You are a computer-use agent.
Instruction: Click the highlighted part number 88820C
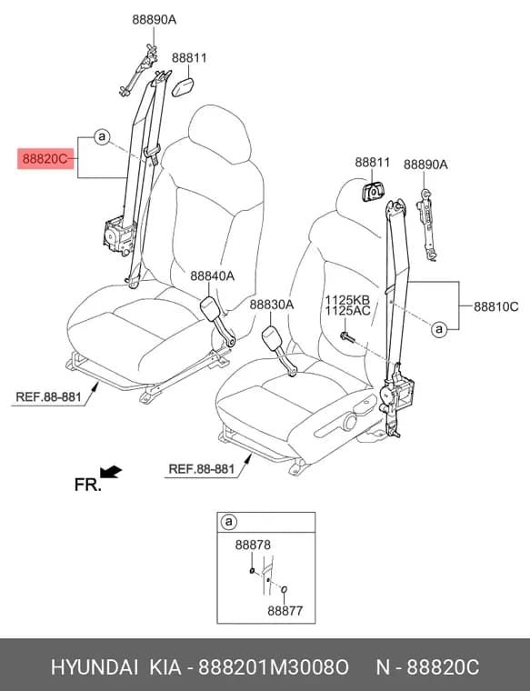point(45,158)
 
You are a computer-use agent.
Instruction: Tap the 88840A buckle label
point(213,276)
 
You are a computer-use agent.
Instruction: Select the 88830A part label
point(272,305)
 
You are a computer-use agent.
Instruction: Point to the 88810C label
point(496,306)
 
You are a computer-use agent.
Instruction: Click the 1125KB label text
point(347,300)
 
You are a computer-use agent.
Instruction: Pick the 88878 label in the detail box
point(253,546)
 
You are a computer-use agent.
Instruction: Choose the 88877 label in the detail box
point(285,611)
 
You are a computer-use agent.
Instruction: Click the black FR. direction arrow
point(111,472)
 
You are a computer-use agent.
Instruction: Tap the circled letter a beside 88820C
point(102,137)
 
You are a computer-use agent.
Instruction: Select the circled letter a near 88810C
point(439,329)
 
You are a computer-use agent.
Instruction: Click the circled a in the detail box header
point(229,522)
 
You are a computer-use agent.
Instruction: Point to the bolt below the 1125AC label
point(347,337)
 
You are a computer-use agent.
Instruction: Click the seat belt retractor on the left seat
point(118,235)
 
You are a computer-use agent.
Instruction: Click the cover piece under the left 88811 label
point(183,86)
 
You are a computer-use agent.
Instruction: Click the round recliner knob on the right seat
point(349,422)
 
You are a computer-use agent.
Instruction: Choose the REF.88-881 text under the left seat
point(48,396)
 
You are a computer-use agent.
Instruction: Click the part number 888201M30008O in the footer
point(273,667)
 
